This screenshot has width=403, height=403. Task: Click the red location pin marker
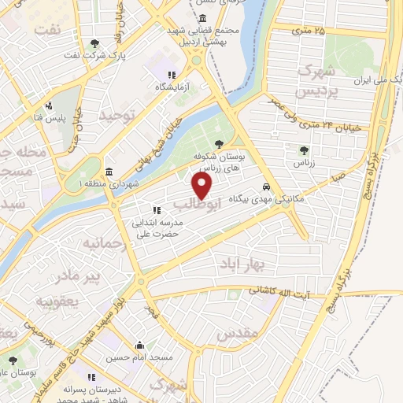202,186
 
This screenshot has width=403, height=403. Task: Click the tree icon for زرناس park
303,150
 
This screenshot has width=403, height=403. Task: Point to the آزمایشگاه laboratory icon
161,75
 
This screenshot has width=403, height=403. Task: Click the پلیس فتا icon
49,105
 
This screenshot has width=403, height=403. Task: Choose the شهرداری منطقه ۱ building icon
108,172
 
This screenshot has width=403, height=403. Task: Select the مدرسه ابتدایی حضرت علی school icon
156,210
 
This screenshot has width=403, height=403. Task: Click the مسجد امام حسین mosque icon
139,345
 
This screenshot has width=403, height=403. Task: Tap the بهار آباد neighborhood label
240,262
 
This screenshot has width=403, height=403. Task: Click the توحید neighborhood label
117,116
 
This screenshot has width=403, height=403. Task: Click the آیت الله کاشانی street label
291,291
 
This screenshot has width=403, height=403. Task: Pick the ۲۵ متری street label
308,31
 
